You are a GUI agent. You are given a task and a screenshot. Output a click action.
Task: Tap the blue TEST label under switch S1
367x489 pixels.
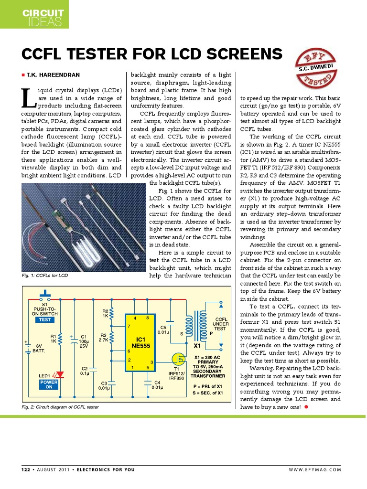coord(45,320)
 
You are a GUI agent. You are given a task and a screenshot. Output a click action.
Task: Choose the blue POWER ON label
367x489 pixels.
coord(49,385)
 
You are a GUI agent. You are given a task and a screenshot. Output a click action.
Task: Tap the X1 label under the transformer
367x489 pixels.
coord(197,345)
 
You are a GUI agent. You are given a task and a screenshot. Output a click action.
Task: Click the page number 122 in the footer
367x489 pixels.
coord(25,469)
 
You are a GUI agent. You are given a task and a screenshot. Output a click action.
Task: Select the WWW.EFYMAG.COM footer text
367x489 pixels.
coord(315,469)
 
